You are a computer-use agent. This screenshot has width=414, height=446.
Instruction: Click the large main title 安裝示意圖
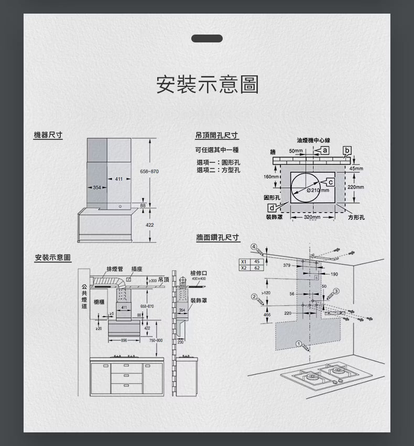[207, 84]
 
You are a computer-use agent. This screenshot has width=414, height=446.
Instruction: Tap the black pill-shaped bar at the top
[207, 38]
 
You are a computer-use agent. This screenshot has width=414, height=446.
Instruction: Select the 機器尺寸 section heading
[48, 135]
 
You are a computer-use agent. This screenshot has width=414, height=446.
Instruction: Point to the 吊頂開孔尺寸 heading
[217, 135]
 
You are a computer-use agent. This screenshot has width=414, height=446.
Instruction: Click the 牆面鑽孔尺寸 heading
[218, 238]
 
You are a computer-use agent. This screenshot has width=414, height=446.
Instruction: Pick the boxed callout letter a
[325, 151]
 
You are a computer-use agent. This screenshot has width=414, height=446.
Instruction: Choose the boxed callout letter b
[346, 151]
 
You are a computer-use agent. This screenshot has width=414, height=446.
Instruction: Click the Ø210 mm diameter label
[318, 189]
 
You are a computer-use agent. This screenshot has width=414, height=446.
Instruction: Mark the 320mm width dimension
[312, 217]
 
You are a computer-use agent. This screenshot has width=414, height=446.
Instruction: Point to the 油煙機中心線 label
[313, 140]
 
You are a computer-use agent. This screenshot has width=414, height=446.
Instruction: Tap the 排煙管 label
[115, 269]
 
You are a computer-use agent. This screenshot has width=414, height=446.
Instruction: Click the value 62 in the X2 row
[257, 267]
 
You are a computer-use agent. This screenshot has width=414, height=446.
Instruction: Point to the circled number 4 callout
[253, 247]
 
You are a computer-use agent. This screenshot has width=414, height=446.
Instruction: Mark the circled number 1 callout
[298, 343]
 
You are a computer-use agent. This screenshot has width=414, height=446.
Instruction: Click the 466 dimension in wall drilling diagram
[267, 315]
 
